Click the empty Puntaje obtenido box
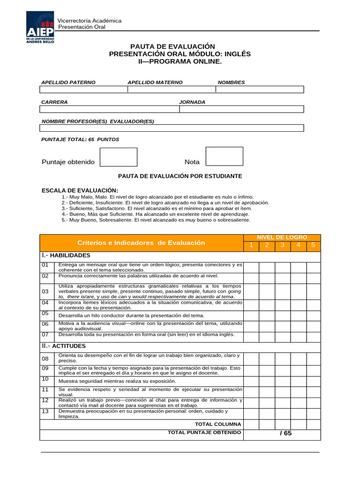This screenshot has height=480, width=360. [119, 157]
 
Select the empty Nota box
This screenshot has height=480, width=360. [224, 156]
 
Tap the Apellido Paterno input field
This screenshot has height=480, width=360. [83, 90]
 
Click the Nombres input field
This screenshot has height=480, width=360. [260, 90]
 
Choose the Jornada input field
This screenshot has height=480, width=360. [241, 109]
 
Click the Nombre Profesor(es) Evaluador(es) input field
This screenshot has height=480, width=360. [172, 128]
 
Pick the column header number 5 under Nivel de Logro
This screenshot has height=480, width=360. [314, 246]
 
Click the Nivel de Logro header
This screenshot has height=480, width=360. [282, 238]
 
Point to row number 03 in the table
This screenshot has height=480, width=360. [45, 292]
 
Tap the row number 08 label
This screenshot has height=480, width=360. [45, 359]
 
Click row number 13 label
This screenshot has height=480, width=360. [45, 411]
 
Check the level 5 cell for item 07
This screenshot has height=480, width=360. [314, 337]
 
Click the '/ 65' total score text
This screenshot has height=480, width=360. [285, 433]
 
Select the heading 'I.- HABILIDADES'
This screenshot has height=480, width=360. [66, 255]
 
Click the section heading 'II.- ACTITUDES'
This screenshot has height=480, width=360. [64, 346]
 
